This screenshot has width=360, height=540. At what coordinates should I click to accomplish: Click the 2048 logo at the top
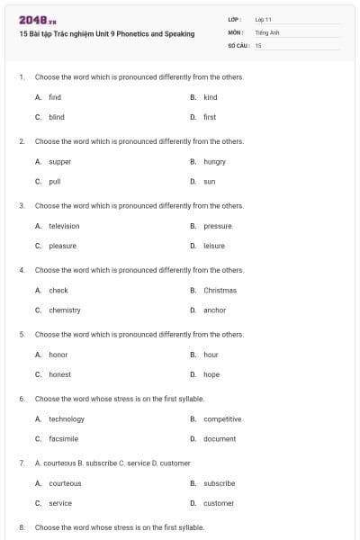[x=32, y=20]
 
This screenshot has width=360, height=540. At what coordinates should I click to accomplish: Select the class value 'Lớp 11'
[x=264, y=19]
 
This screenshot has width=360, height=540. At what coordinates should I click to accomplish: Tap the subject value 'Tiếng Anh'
[x=267, y=31]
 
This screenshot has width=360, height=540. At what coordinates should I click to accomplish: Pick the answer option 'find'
[x=55, y=97]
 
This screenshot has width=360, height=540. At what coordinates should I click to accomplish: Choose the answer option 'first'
[x=210, y=117]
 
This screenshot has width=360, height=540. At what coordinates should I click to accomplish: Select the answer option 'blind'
[x=57, y=117]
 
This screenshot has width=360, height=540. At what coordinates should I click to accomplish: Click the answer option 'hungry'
[x=214, y=162]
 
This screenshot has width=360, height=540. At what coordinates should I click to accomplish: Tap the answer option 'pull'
[x=55, y=181]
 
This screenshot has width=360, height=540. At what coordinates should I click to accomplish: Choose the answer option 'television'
[x=64, y=226]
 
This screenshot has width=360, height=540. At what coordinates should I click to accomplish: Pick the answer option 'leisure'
[x=214, y=246]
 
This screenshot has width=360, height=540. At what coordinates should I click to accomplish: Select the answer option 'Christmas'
[x=220, y=291]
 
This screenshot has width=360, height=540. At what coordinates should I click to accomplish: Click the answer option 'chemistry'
[x=65, y=310]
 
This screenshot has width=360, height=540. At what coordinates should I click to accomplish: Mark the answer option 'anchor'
[x=214, y=310]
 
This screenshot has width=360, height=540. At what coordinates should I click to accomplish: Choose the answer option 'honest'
[x=59, y=374]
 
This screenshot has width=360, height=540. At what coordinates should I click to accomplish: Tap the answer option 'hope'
[x=211, y=374]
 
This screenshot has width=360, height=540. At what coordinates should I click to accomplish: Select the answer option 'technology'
[x=67, y=419]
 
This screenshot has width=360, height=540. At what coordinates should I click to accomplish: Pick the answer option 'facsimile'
[x=64, y=438]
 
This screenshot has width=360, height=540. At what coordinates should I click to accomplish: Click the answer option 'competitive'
[x=222, y=419]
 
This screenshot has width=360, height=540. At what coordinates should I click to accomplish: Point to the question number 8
[x=21, y=527]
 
